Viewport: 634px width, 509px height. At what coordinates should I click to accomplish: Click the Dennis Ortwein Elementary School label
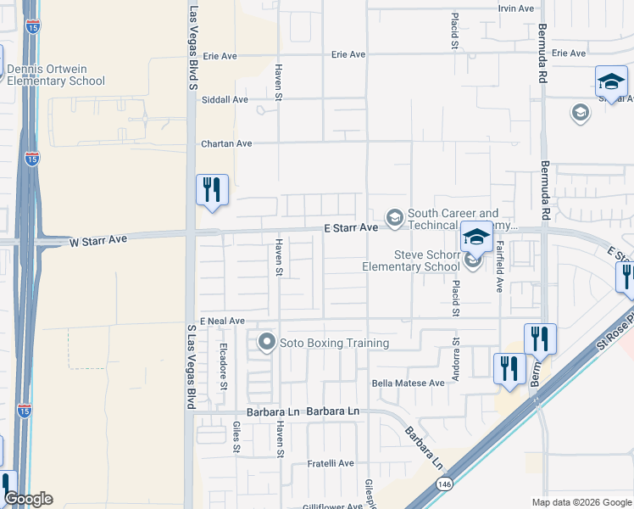(x=55, y=76)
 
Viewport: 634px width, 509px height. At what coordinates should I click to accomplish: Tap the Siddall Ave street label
(x=225, y=99)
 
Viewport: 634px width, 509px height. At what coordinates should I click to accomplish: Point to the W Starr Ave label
(x=98, y=241)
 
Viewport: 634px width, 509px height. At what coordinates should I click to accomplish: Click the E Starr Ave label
(x=350, y=228)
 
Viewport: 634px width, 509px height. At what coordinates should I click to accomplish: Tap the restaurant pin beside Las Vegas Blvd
(x=212, y=190)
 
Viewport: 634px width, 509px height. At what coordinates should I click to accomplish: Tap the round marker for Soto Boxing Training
(x=267, y=343)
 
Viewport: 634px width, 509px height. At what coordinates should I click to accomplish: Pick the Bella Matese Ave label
(x=409, y=383)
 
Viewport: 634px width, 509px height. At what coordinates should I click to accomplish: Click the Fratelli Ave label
(x=330, y=463)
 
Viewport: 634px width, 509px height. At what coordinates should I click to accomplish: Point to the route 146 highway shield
(x=443, y=484)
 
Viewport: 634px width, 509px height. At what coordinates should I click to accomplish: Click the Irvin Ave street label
(x=516, y=8)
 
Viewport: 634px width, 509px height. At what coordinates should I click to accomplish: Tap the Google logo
(x=27, y=499)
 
